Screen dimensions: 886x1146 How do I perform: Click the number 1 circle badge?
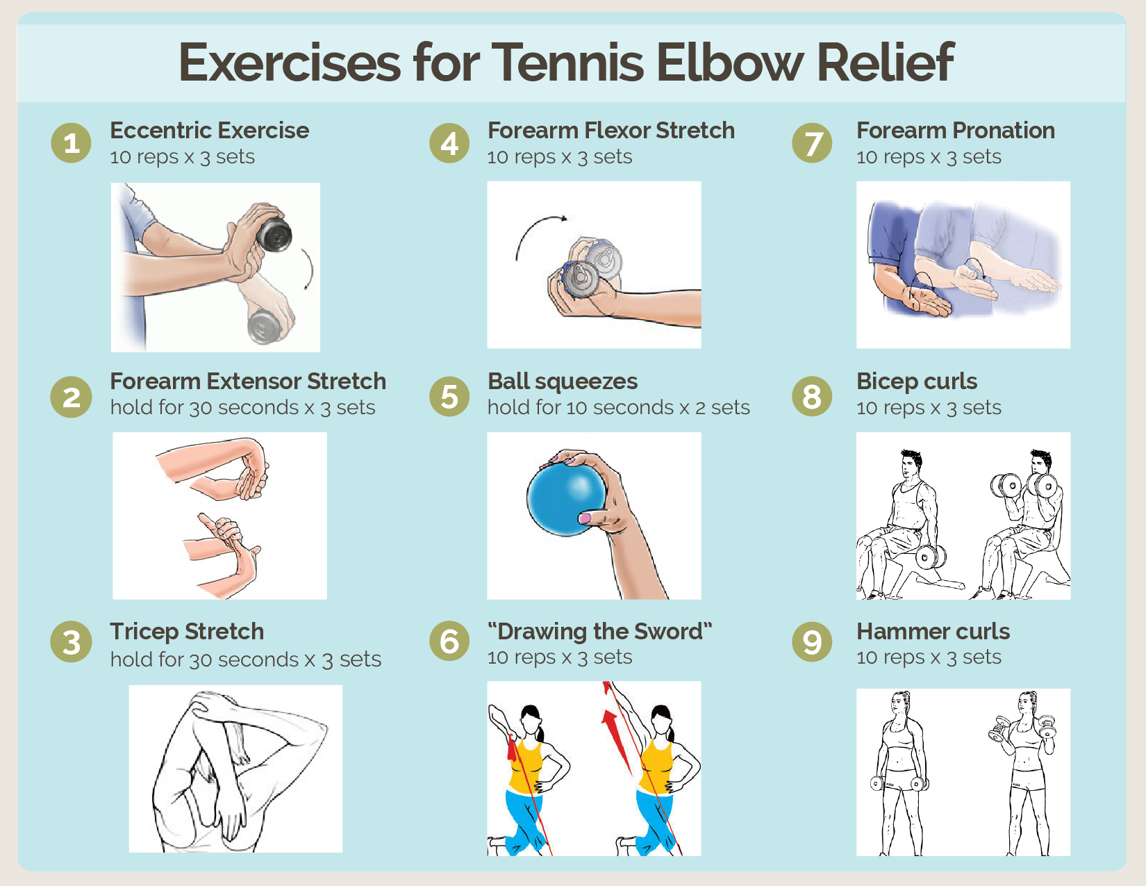pyautogui.click(x=71, y=143)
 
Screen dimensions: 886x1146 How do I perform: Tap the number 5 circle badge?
pyautogui.click(x=449, y=396)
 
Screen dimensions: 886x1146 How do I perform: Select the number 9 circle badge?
pyautogui.click(x=812, y=641)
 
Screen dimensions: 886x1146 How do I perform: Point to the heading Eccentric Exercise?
pyautogui.click(x=209, y=131)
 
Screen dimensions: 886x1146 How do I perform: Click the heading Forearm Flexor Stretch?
pyautogui.click(x=611, y=131)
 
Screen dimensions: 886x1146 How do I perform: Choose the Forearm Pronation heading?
pyautogui.click(x=955, y=131)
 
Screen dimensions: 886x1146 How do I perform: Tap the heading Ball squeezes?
pyautogui.click(x=562, y=382)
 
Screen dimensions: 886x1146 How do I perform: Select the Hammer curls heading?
pyautogui.click(x=933, y=632)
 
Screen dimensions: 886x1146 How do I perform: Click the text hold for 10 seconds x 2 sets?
pyautogui.click(x=618, y=407)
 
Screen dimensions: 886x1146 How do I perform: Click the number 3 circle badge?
pyautogui.click(x=71, y=641)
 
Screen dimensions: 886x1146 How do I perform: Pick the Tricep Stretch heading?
pyautogui.click(x=187, y=632)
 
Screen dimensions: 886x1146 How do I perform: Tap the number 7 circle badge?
pyautogui.click(x=812, y=143)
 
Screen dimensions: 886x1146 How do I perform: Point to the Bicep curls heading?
pyautogui.click(x=916, y=382)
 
